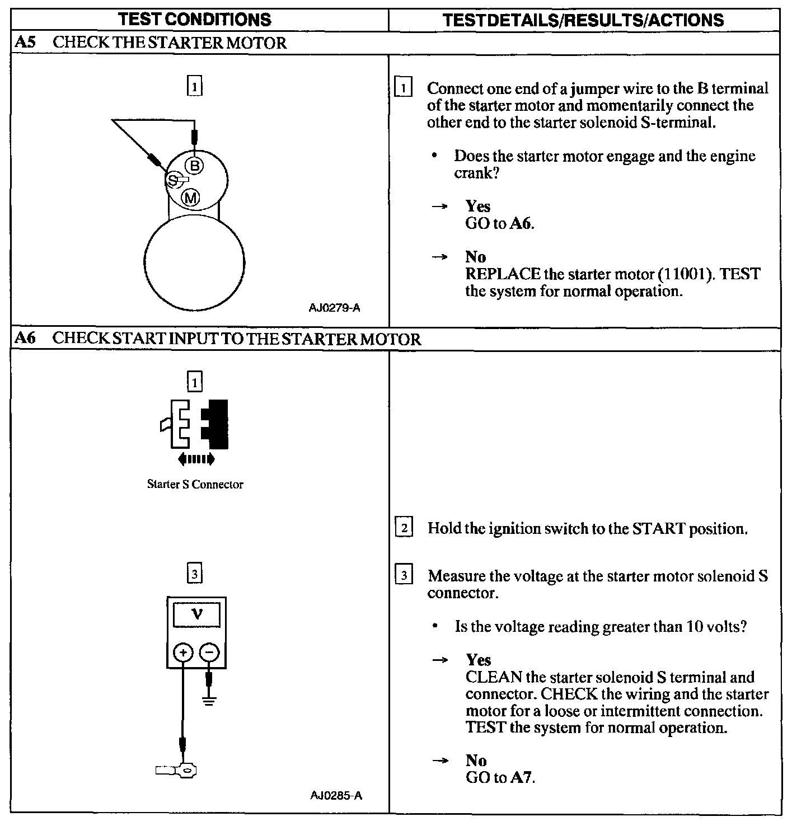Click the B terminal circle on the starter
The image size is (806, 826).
point(194,166)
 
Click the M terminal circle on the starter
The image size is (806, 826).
point(191,197)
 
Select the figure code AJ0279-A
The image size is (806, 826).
point(334,308)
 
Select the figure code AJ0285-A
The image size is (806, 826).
point(336,795)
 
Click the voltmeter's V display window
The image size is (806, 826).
point(196,615)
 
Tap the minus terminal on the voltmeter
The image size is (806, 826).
point(209,652)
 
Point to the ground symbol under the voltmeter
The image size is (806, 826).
point(209,701)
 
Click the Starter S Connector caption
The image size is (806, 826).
point(195,484)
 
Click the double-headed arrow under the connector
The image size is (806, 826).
point(195,459)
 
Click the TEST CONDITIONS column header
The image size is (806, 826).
point(195,20)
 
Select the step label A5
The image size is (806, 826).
point(26,43)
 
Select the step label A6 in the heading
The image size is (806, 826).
point(26,339)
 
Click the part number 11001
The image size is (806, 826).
point(686,274)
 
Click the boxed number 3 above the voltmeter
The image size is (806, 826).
point(194,574)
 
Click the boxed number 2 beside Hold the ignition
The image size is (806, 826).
point(404,528)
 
